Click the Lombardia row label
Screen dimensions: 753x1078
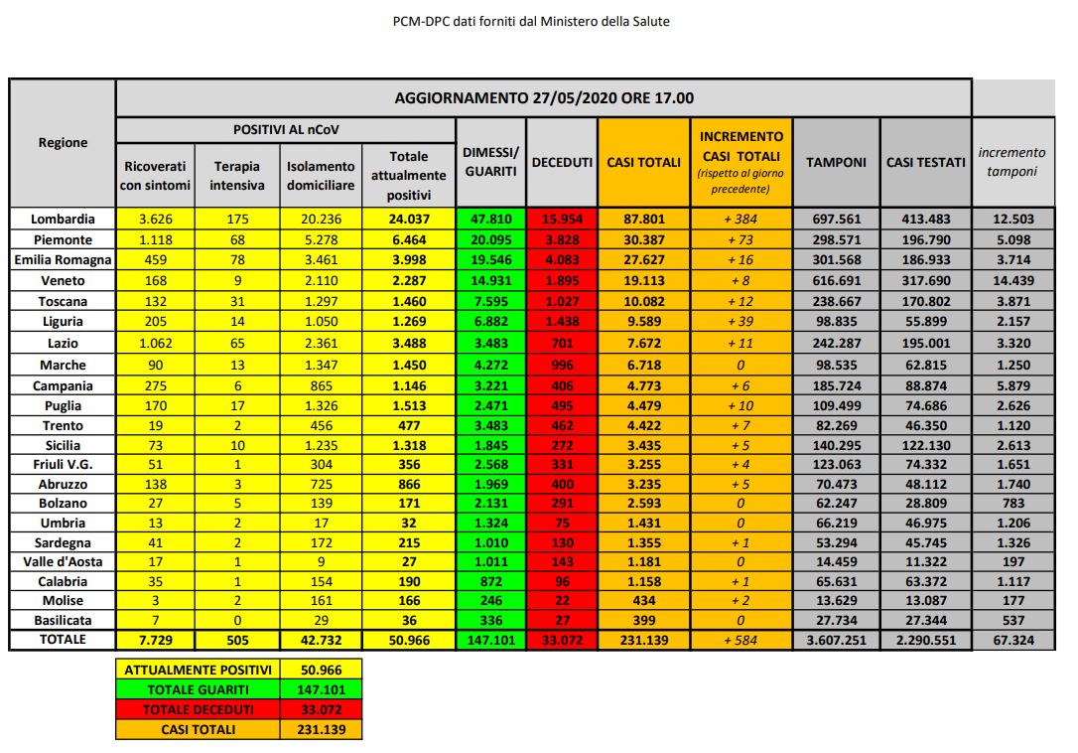click(63, 219)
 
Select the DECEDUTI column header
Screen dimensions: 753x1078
click(562, 162)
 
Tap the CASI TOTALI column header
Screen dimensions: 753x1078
click(643, 162)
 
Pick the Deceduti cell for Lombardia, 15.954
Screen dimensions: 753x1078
click(562, 219)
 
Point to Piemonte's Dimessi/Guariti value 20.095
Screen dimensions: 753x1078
click(490, 239)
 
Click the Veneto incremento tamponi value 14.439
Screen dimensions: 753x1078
click(1012, 281)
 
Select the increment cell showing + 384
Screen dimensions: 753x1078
click(742, 219)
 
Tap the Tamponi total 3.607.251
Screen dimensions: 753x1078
click(836, 641)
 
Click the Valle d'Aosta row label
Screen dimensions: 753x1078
click(63, 561)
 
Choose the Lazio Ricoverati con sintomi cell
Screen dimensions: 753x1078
click(157, 343)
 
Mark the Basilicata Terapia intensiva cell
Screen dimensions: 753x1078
click(237, 621)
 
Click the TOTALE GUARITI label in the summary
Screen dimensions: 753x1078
click(198, 689)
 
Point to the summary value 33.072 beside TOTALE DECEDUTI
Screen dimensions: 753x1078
click(321, 709)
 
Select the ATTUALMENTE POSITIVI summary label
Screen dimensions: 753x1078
click(198, 670)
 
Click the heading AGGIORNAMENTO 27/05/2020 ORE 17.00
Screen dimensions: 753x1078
click(543, 97)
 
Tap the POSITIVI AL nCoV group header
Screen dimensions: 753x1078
click(286, 130)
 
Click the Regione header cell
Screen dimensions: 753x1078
click(63, 142)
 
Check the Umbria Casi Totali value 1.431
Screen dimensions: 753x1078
click(643, 523)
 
